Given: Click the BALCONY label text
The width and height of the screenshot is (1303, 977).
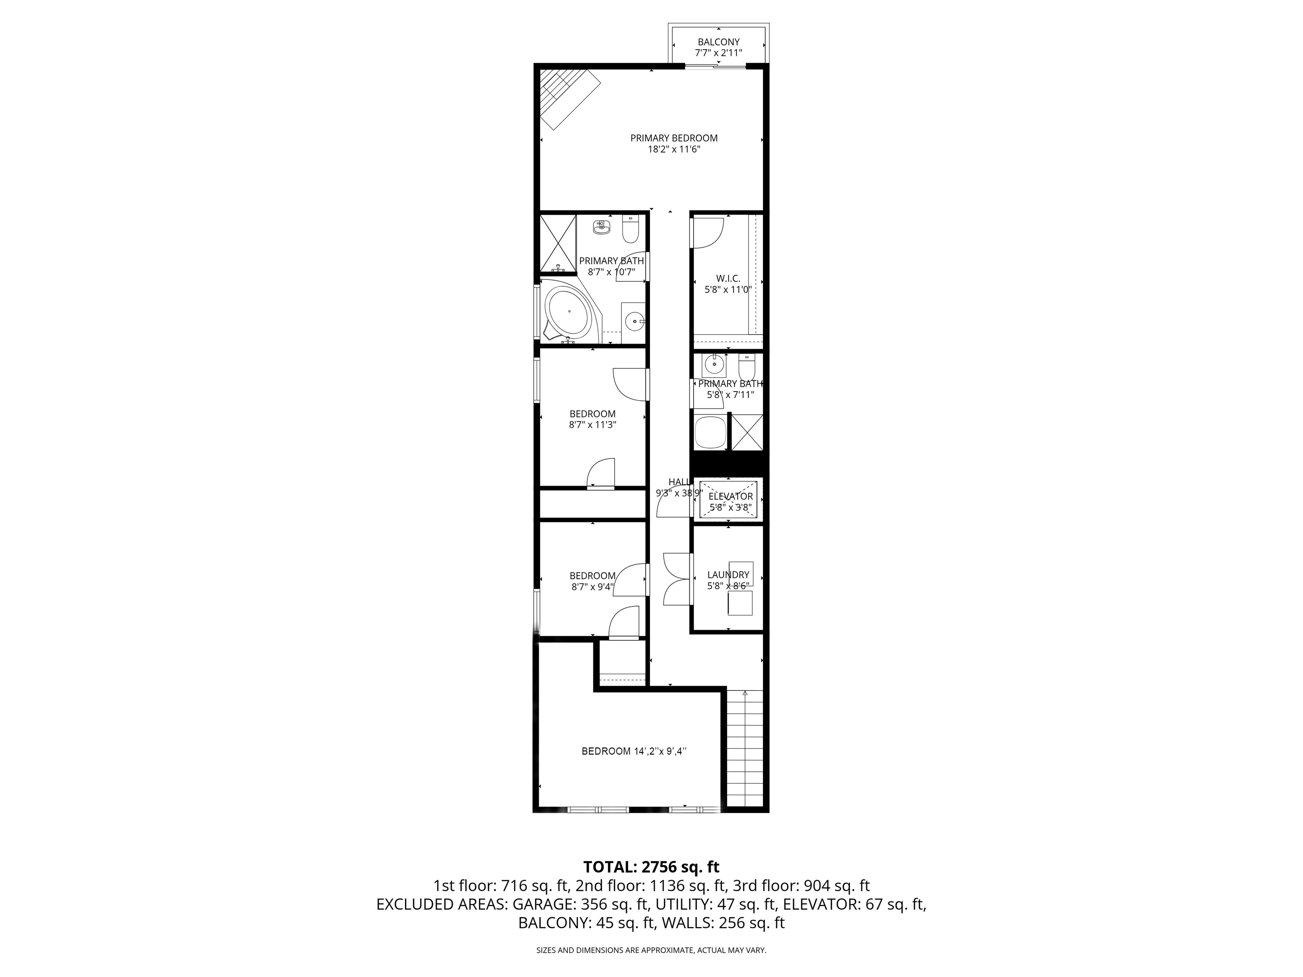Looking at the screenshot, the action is point(719,42).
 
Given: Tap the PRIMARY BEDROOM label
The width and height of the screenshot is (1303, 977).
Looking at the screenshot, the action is point(674,138).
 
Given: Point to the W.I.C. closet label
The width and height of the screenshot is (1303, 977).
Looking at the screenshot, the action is point(728,279).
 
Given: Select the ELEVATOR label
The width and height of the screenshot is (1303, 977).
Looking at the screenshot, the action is point(730,497).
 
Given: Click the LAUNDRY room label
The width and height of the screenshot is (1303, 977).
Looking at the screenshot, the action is point(728,575).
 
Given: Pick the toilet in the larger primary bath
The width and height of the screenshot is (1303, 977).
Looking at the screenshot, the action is point(630,230).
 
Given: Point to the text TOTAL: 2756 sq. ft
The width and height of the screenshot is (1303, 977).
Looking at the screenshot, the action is point(651,867).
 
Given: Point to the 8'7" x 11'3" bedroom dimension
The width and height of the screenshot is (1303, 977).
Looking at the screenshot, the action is point(593,424).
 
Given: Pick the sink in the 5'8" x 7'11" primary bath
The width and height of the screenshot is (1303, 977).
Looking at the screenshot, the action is point(714,366).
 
